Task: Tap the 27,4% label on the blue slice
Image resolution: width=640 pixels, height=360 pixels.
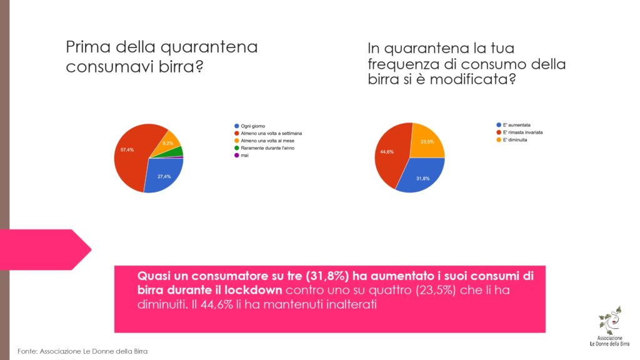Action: tap(164, 177)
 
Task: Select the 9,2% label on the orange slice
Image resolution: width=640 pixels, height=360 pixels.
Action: tap(167, 143)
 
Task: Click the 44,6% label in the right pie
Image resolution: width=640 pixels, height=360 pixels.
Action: tap(387, 152)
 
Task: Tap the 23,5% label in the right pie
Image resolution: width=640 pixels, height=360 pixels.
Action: tap(426, 142)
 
